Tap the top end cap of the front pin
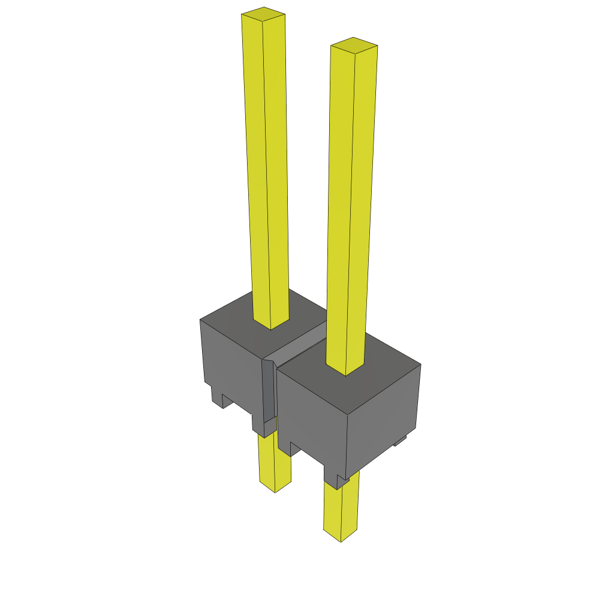[354, 46]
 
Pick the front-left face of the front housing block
[312, 414]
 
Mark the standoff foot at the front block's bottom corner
[336, 480]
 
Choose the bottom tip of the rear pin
[275, 489]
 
